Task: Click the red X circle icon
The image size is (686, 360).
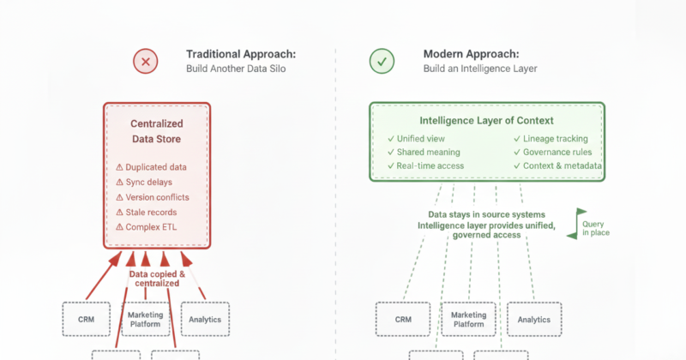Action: (145, 61)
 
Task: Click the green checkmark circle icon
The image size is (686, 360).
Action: (382, 61)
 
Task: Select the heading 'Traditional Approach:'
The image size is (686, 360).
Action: (234, 53)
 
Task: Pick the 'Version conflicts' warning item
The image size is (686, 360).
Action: (152, 197)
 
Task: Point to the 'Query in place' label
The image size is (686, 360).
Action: (595, 228)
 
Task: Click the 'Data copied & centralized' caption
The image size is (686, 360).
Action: (155, 278)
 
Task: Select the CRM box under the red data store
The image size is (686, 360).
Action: (87, 319)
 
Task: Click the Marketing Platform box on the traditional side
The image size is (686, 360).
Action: (145, 319)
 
